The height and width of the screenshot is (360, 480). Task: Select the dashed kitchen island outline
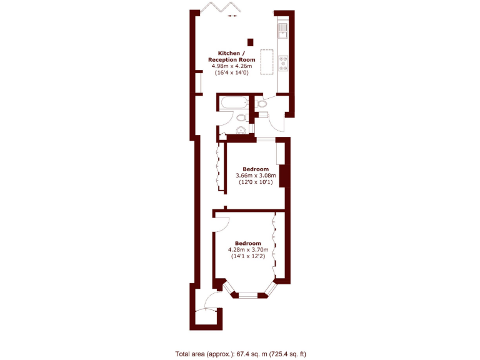[267, 62]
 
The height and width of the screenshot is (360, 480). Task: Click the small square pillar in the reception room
[251, 42]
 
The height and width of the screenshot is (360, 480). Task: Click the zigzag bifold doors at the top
[215, 9]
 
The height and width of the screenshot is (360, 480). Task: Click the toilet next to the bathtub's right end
[262, 103]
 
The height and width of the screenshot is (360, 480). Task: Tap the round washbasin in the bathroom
[240, 130]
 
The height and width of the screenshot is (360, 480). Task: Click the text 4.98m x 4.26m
[231, 66]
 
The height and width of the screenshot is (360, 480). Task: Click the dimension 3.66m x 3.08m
[256, 176]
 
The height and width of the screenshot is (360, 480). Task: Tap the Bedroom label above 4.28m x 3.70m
[247, 243]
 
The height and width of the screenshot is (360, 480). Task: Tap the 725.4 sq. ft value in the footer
[287, 354]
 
